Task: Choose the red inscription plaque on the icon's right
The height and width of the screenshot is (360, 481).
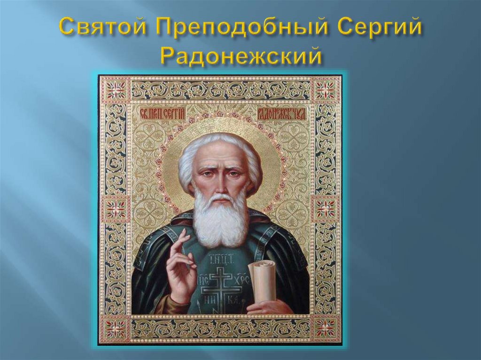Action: click(286, 113)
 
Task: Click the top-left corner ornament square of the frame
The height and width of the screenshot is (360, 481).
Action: click(116, 89)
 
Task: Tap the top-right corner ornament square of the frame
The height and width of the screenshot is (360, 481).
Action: click(326, 89)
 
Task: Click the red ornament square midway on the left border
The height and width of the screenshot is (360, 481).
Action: click(116, 208)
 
